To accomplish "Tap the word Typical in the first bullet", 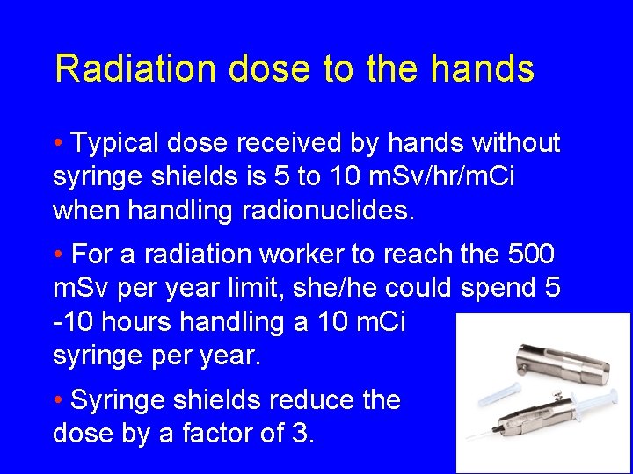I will pos(119,142).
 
